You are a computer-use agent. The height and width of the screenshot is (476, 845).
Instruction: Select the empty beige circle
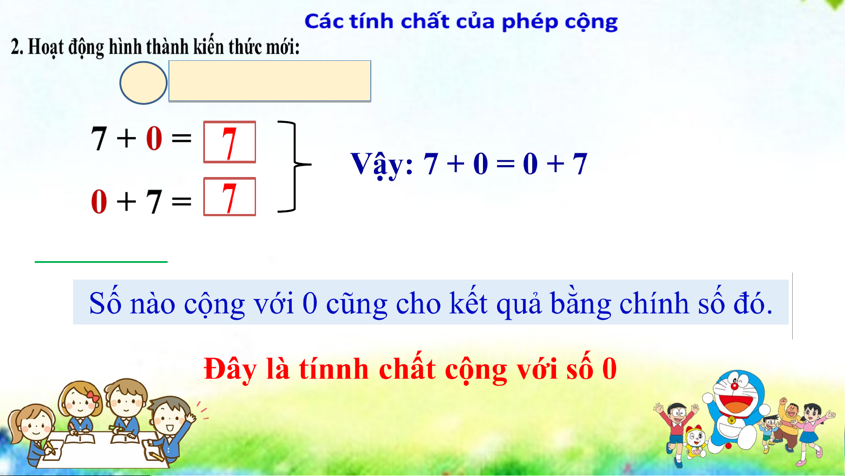point(143,83)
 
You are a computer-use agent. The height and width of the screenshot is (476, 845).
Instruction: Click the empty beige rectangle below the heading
point(270,81)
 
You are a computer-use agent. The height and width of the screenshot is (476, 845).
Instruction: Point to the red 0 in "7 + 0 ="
point(154,138)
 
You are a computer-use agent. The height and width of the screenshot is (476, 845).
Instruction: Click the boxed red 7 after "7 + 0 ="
point(229,142)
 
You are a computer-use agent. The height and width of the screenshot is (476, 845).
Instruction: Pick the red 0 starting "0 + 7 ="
point(99,201)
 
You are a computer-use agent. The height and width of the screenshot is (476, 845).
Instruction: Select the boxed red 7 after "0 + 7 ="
point(229,197)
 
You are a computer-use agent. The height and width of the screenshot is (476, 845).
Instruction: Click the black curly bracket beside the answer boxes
point(294,166)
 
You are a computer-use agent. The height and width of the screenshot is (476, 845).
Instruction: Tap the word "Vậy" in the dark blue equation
point(378,165)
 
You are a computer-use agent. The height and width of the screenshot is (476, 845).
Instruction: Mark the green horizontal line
point(101,262)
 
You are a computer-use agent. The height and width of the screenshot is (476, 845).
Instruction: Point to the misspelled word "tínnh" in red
point(333,369)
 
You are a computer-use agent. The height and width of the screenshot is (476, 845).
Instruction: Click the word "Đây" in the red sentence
point(230,369)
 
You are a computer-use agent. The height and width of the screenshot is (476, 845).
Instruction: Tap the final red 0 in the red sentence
point(609,369)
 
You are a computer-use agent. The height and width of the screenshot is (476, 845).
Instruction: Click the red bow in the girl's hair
point(92,395)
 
